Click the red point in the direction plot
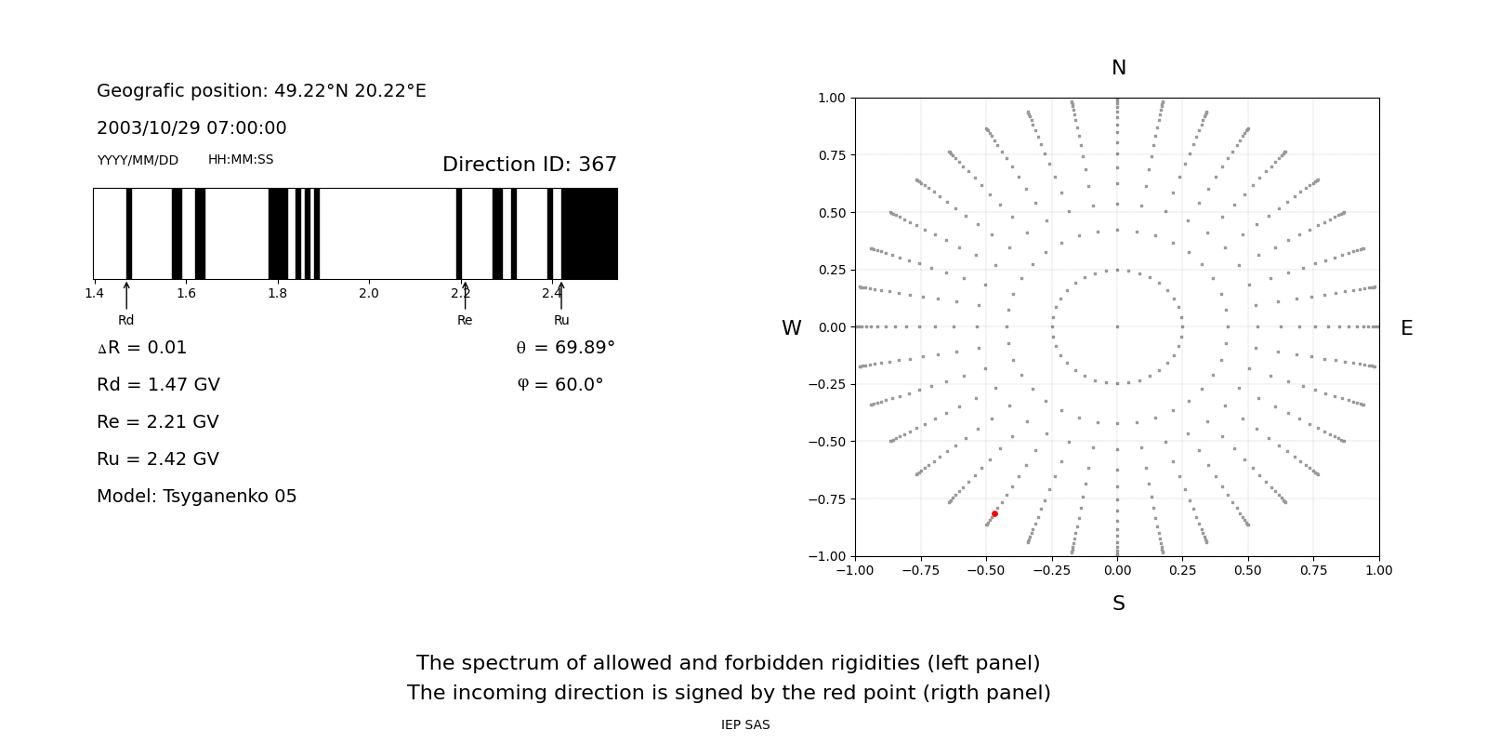coord(994,513)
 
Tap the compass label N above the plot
coord(1118,68)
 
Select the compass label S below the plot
coord(1118,604)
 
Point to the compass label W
coord(791,328)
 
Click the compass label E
coord(1406,328)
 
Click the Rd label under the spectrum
coord(125,320)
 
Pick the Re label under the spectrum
coord(465,320)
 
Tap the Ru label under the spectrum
coord(561,320)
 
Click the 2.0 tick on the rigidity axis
coord(369,294)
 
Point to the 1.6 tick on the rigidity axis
coord(186,294)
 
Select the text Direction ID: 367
coord(529,165)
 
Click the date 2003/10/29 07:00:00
coord(191,128)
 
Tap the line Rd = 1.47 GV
coord(158,385)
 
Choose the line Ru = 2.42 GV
coord(158,459)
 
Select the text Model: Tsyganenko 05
coord(196,497)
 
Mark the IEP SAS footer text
coord(745,725)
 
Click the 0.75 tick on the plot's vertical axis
coord(831,155)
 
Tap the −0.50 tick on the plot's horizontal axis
coord(986,570)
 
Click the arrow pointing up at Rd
coord(126,296)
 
